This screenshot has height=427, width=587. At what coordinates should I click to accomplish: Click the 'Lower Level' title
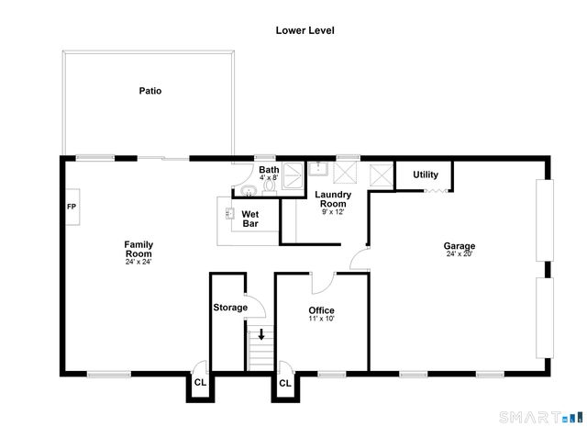click(x=305, y=30)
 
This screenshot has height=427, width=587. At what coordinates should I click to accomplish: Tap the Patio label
click(x=150, y=91)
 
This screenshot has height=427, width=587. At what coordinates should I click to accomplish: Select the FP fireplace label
click(x=72, y=206)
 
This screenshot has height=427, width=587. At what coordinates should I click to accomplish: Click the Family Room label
click(x=138, y=249)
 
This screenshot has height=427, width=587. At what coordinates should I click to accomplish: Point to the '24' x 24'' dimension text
click(x=138, y=263)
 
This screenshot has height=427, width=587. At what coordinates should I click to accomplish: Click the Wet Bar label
click(x=250, y=219)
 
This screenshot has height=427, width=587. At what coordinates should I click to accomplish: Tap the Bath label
click(x=268, y=170)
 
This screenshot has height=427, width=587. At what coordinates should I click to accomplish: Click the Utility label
click(x=426, y=174)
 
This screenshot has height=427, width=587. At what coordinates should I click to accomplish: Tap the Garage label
click(x=459, y=246)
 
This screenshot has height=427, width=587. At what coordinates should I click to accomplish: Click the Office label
click(x=321, y=310)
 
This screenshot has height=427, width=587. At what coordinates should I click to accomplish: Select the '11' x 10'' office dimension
click(x=321, y=320)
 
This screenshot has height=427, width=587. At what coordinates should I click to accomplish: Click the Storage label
click(x=229, y=308)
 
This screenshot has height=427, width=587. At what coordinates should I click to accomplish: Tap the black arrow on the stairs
click(x=260, y=334)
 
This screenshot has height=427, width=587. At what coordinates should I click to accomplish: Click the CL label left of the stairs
click(x=199, y=383)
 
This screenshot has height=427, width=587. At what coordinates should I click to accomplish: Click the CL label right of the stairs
click(x=284, y=383)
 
